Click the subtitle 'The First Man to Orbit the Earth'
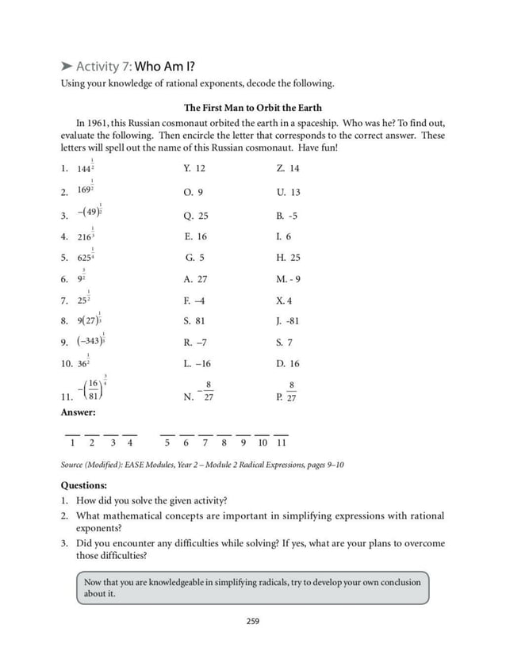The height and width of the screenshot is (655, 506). (252, 108)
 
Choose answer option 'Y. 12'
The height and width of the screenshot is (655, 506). (194, 169)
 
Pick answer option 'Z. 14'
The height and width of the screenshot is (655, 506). (288, 169)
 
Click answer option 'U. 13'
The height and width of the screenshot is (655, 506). (288, 193)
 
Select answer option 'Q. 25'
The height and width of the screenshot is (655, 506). (195, 216)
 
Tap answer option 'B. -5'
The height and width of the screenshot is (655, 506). (286, 216)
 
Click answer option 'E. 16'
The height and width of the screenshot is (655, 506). (195, 237)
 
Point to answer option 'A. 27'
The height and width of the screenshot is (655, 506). (195, 279)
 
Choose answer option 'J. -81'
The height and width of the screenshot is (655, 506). (288, 321)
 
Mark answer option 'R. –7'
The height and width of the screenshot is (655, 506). (194, 343)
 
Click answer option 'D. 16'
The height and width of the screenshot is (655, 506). (288, 364)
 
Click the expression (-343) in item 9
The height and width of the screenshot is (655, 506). (90, 342)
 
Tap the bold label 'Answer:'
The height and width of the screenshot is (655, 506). (78, 412)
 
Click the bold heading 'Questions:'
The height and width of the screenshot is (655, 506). (83, 485)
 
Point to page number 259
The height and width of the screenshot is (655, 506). (252, 621)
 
